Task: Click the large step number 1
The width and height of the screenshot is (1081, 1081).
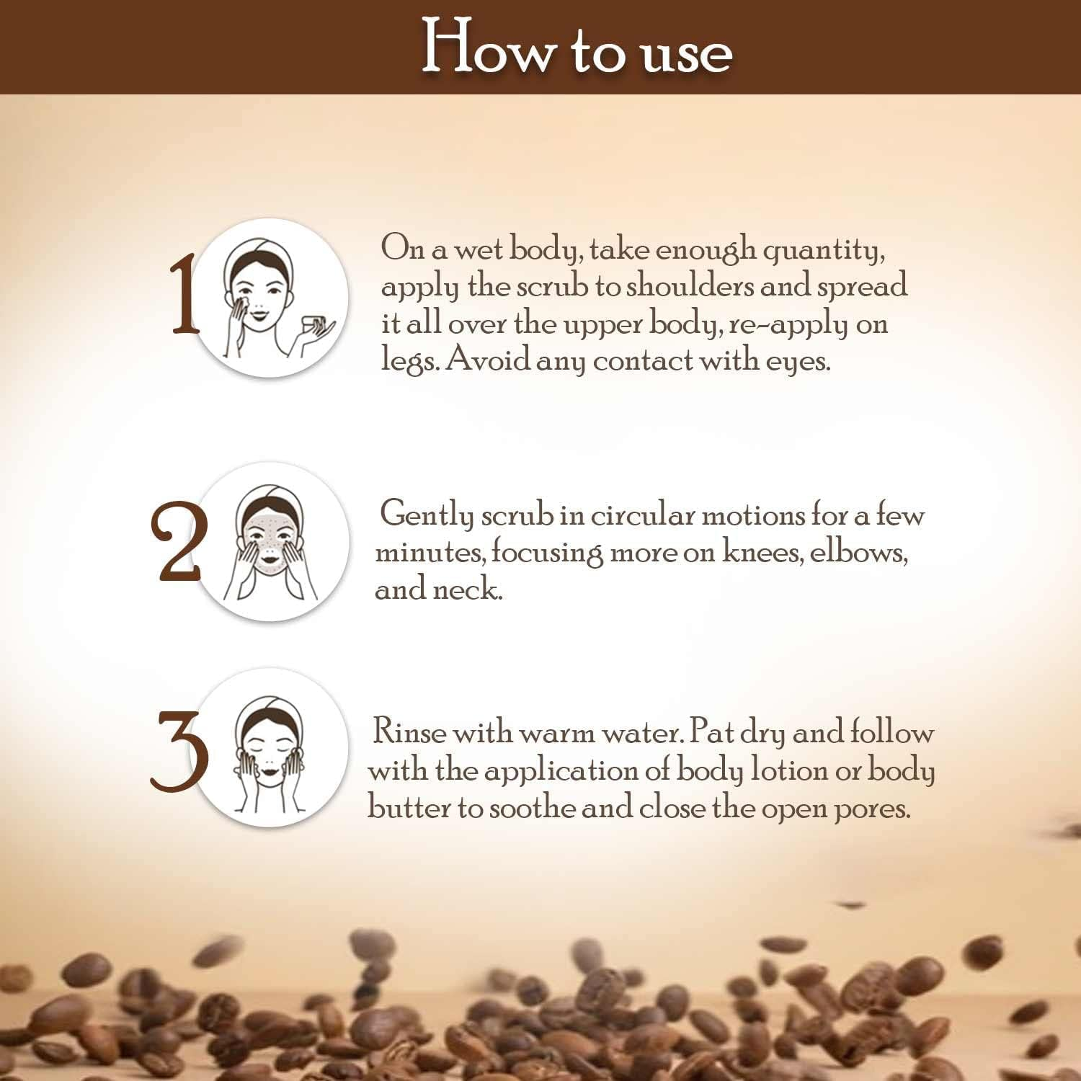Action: pos(184,296)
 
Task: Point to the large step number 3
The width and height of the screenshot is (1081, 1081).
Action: pos(179,751)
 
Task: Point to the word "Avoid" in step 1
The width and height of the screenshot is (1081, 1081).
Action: pos(488,359)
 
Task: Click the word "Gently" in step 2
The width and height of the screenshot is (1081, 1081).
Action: pos(427,515)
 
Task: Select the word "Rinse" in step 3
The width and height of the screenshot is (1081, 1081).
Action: pos(409,733)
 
